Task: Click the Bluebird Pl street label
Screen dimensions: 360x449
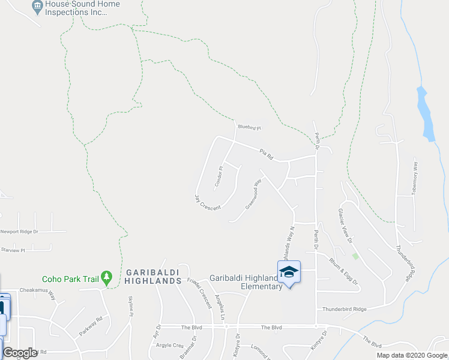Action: point(250,127)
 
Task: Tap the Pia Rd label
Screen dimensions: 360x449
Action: point(267,154)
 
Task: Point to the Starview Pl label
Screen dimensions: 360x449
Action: point(13,250)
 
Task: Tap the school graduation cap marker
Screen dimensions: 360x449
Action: point(289,272)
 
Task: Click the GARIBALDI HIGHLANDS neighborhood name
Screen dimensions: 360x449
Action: point(154,277)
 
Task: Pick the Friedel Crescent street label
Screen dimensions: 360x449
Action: point(199,293)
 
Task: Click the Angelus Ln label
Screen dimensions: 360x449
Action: point(222,306)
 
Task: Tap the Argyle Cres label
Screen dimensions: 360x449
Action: point(170,346)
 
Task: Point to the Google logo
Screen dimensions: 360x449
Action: point(20,353)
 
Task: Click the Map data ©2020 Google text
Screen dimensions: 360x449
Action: point(412,355)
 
